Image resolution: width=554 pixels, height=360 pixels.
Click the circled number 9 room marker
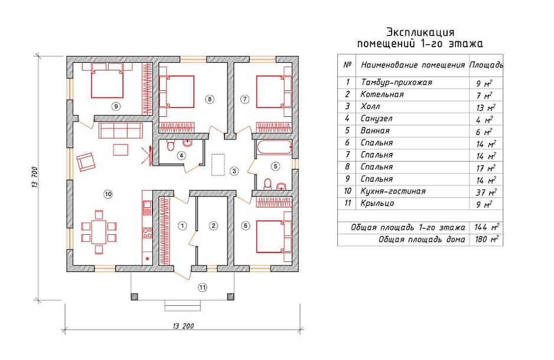click(x=116, y=106)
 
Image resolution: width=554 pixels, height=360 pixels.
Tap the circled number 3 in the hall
click(x=234, y=171)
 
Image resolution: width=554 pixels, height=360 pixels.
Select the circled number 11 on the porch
click(x=202, y=287)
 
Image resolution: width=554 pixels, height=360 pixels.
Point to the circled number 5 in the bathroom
click(x=275, y=166)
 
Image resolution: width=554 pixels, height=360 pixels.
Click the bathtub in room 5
click(x=274, y=148)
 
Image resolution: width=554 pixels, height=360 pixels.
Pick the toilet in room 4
click(x=171, y=145)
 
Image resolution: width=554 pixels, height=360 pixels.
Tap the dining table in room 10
click(x=99, y=232)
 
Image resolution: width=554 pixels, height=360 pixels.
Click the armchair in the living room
click(x=86, y=162)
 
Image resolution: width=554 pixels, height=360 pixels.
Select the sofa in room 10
click(x=120, y=130)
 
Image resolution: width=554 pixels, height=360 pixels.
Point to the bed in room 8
click(x=177, y=91)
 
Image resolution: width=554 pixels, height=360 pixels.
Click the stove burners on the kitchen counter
click(x=147, y=233)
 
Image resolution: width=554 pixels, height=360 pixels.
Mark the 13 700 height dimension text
click(x=35, y=177)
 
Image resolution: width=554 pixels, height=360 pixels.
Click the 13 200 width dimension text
click(x=183, y=326)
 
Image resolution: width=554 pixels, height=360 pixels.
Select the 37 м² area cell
click(x=486, y=192)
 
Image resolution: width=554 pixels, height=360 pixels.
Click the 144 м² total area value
click(x=487, y=227)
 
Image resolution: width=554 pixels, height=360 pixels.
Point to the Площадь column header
click(x=486, y=65)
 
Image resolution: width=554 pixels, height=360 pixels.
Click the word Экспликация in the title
click(x=420, y=32)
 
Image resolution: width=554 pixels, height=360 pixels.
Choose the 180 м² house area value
click(x=487, y=239)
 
